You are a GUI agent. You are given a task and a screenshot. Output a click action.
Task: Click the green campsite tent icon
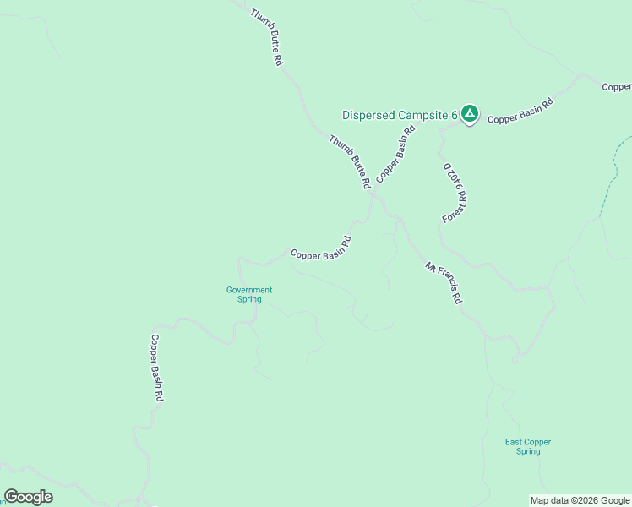(x=470, y=114)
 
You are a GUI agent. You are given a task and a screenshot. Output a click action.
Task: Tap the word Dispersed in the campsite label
(x=368, y=115)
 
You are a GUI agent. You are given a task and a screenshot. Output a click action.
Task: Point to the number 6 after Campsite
(x=454, y=115)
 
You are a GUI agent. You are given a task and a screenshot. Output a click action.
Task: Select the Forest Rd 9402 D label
(x=455, y=194)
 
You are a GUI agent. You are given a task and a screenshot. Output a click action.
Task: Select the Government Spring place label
(x=249, y=294)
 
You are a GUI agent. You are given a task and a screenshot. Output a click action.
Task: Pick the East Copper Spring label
(x=523, y=446)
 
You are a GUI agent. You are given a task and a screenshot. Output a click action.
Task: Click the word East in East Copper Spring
(x=513, y=442)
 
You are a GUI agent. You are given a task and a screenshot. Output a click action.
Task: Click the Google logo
(x=29, y=497)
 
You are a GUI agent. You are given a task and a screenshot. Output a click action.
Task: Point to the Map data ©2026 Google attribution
(x=580, y=500)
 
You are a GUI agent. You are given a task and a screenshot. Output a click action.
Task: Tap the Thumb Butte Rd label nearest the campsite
(x=350, y=161)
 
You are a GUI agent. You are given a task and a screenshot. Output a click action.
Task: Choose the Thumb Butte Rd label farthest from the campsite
(x=266, y=37)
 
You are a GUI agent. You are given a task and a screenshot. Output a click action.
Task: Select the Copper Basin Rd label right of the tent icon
(x=520, y=112)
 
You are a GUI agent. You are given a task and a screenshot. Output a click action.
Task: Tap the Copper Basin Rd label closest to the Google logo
(x=156, y=367)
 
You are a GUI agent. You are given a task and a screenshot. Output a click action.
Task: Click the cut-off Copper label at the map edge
(x=617, y=87)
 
